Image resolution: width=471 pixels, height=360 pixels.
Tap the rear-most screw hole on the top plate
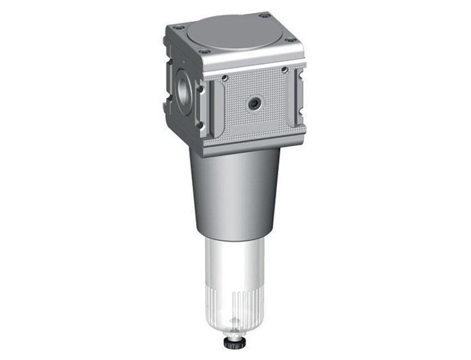point(265,16)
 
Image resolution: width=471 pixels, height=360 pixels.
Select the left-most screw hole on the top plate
point(178,28)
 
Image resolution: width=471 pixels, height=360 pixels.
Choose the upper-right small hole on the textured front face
point(284,70)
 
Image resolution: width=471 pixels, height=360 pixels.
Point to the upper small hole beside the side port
point(200,88)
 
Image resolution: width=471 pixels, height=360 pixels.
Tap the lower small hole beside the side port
point(200,124)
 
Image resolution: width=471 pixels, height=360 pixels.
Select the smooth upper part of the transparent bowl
point(235,264)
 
